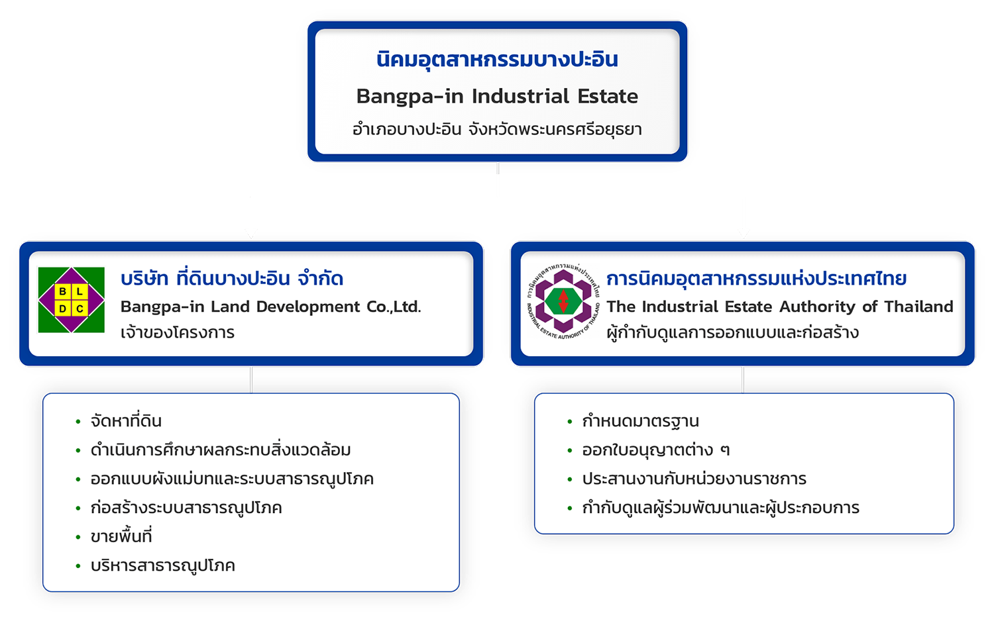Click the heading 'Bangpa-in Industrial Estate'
pyautogui.click(x=497, y=97)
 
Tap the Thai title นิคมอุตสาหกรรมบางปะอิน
pyautogui.click(x=497, y=60)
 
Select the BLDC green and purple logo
pyautogui.click(x=72, y=300)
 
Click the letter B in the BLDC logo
pyautogui.click(x=63, y=291)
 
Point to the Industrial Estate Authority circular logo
pyautogui.click(x=563, y=301)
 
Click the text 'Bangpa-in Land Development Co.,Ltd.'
pyautogui.click(x=270, y=307)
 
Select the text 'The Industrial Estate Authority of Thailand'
pyautogui.click(x=780, y=307)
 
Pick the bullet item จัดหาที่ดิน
pyautogui.click(x=126, y=421)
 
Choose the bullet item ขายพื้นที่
pyautogui.click(x=121, y=536)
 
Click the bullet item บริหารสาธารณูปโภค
pyautogui.click(x=163, y=565)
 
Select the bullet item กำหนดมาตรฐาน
pyautogui.click(x=640, y=421)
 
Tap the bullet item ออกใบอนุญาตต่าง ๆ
pyautogui.click(x=655, y=450)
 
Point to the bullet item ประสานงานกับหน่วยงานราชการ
pyautogui.click(x=694, y=479)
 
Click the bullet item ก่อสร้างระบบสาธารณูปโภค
pyautogui.click(x=186, y=508)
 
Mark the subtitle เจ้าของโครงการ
pyautogui.click(x=178, y=332)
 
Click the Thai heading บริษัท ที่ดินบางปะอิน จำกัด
pyautogui.click(x=232, y=279)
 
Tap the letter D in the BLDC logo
pyautogui.click(x=63, y=309)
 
